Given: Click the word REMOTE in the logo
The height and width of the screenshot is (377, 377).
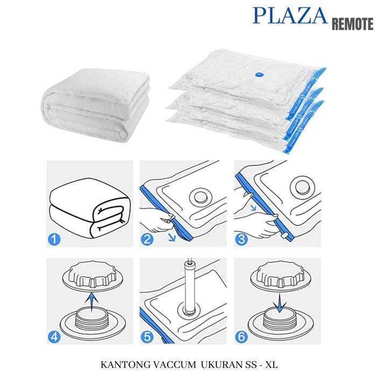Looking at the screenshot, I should (x=352, y=24).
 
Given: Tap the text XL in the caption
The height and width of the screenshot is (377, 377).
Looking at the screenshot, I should (x=275, y=364).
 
